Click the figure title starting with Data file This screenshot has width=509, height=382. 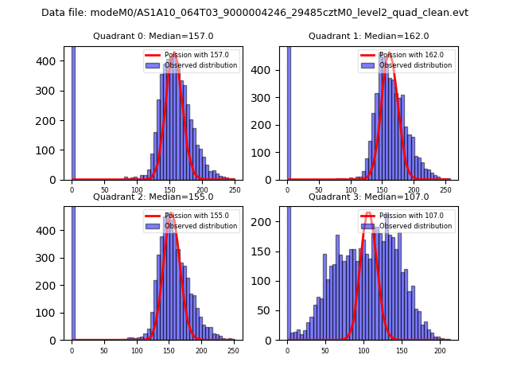point(254,13)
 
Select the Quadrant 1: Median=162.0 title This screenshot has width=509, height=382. point(368,36)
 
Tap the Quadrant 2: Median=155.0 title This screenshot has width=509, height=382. point(153,197)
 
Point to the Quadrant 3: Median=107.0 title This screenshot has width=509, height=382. point(368,197)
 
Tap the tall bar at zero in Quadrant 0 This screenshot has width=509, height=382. point(73,111)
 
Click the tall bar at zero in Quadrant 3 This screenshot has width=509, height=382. point(289,271)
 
